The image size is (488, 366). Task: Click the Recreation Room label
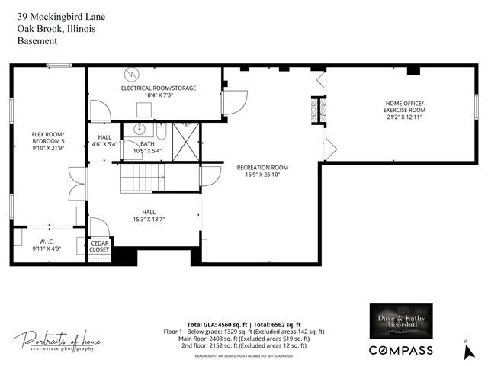[x=262, y=171]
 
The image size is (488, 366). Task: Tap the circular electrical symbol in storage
[x=133, y=74]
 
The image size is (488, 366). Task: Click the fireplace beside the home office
[x=321, y=111]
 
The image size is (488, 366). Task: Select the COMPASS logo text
[x=401, y=350]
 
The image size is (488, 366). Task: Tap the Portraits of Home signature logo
[x=57, y=341]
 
